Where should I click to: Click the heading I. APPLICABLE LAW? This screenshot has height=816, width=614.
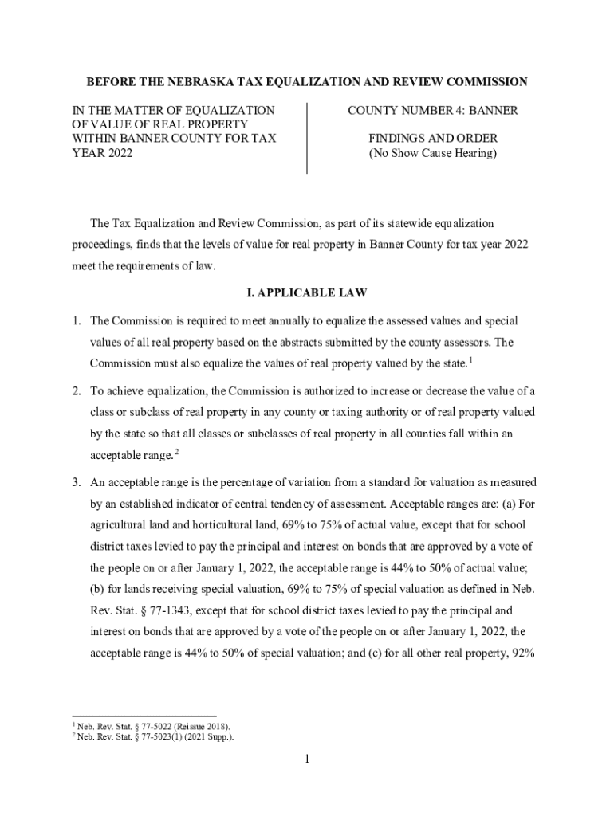pyautogui.click(x=307, y=293)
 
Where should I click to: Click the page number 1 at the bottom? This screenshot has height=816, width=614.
pyautogui.click(x=306, y=759)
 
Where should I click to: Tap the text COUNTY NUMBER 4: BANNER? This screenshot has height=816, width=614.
pyautogui.click(x=432, y=111)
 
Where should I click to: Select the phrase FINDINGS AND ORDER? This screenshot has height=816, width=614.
pyautogui.click(x=432, y=139)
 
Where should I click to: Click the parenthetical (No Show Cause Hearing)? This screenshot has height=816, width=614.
pyautogui.click(x=432, y=153)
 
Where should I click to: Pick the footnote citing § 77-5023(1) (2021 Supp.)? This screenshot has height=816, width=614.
pyautogui.click(x=155, y=737)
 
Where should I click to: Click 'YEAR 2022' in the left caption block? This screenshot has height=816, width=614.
pyautogui.click(x=100, y=153)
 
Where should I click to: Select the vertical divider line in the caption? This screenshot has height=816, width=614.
pyautogui.click(x=307, y=137)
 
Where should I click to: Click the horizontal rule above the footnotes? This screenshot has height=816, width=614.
pyautogui.click(x=144, y=715)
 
